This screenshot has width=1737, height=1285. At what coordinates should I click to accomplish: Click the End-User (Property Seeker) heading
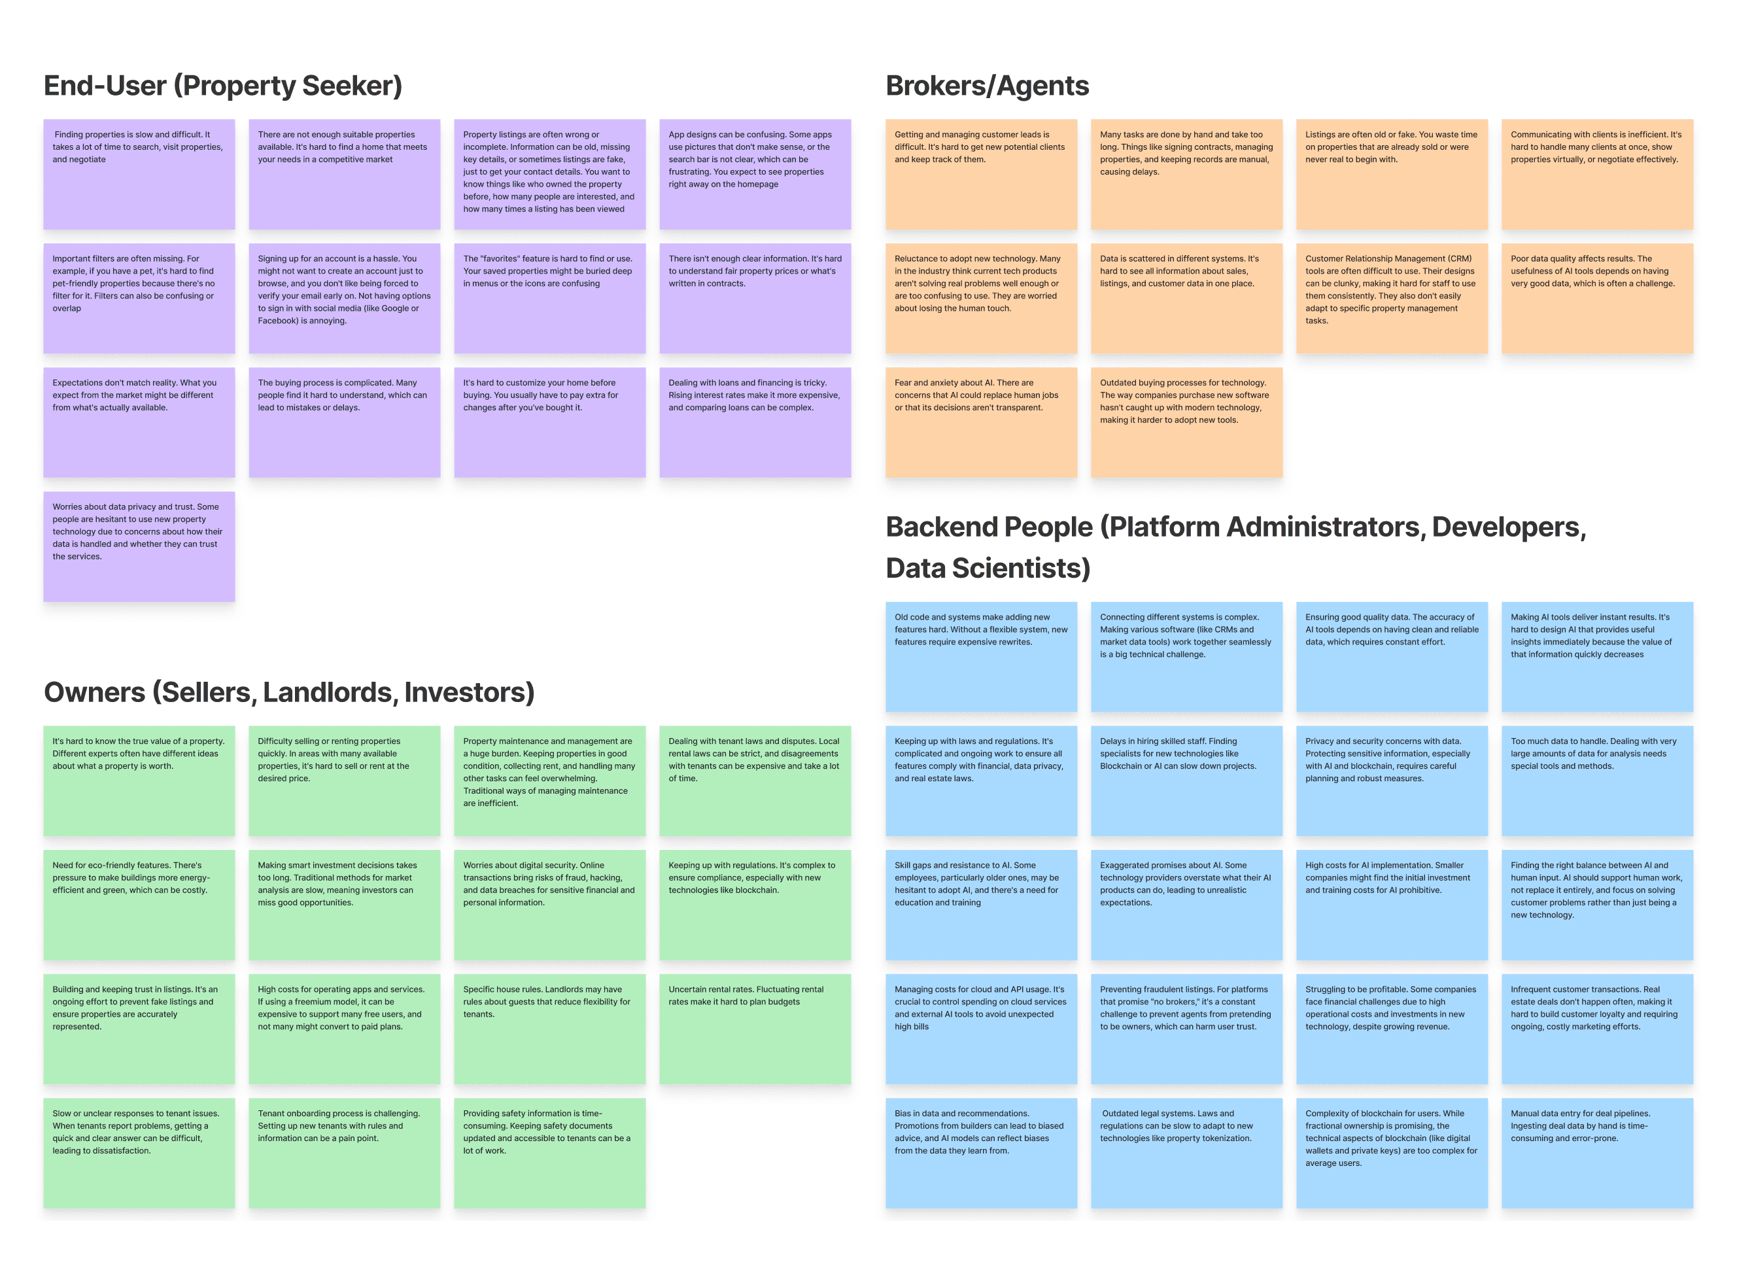coord(222,86)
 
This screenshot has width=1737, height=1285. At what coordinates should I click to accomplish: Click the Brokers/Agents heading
coord(987,86)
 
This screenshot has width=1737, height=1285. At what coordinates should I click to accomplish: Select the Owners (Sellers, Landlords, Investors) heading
coord(288,692)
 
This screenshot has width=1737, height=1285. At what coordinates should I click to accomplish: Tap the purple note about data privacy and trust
coord(139,546)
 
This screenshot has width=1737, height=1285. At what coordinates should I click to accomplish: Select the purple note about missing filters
coord(139,298)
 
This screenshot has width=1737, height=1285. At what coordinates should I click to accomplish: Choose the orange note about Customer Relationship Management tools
coord(1391,298)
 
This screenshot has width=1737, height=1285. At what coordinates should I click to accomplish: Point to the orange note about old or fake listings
coord(1391,173)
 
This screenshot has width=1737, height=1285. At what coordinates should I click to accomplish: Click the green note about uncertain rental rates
coord(754,1029)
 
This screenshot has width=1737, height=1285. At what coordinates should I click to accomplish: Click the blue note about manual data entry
coord(1596,1152)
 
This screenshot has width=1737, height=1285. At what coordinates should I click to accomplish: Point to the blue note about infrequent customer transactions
coord(1596,1029)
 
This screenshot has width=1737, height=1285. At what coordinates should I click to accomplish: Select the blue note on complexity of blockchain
coord(1391,1152)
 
